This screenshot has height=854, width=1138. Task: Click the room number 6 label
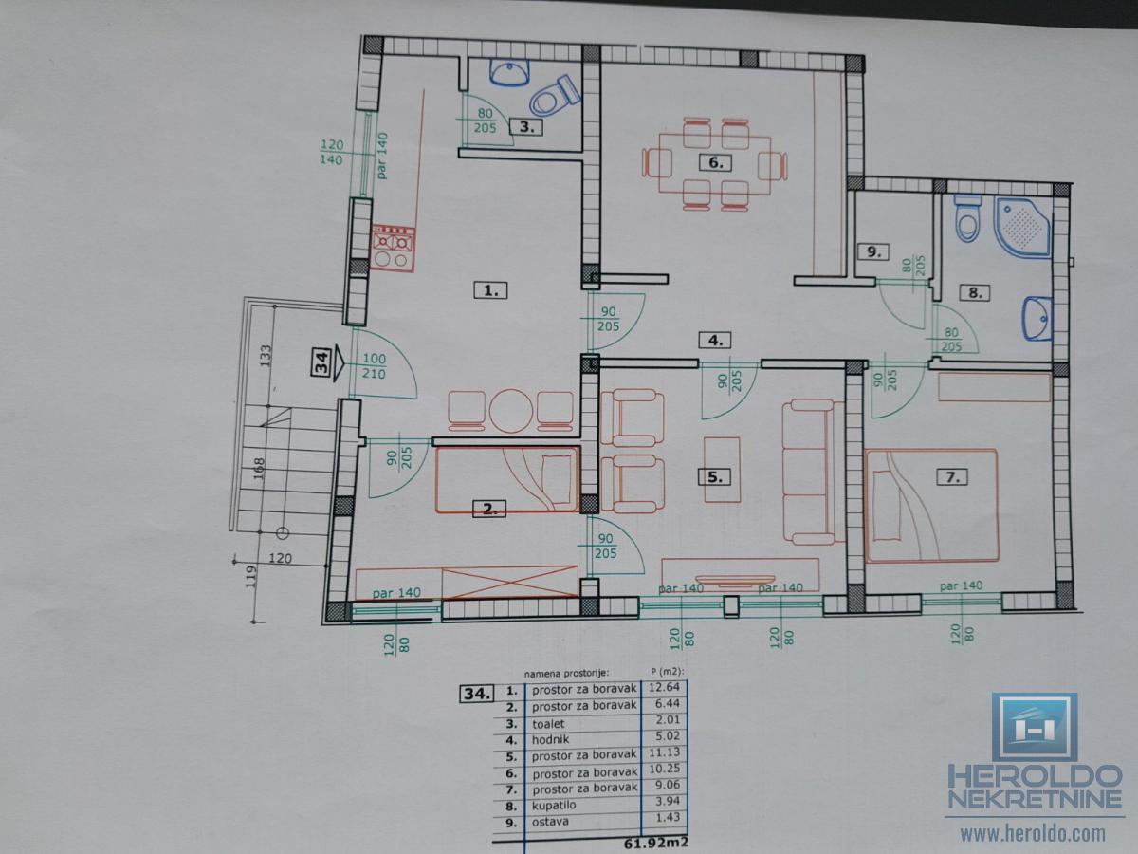[x=715, y=162]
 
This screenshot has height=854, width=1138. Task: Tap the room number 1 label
[x=490, y=289]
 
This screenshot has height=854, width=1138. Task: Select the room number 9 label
[x=873, y=252]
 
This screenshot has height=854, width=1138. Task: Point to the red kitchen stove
[x=394, y=248]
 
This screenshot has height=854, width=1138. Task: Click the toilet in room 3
[x=554, y=97]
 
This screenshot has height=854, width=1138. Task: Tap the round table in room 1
[x=510, y=411]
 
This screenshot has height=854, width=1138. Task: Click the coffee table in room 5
[x=722, y=470]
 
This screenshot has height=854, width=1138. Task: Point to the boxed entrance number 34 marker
[x=321, y=362]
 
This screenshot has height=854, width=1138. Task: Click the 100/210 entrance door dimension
[x=374, y=366]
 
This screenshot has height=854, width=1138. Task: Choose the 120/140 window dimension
[x=331, y=152]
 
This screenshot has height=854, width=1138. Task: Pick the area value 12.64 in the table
[x=664, y=688]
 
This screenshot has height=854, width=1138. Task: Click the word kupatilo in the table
[x=554, y=806]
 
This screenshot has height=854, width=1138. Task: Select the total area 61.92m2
[x=656, y=843]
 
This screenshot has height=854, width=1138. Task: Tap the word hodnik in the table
[x=551, y=739]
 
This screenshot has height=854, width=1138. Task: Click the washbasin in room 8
[x=1037, y=319]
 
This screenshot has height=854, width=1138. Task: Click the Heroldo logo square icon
[x=1035, y=728]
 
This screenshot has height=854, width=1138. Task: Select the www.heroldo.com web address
[x=1033, y=834]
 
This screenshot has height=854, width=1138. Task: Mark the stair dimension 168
[x=259, y=469]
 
